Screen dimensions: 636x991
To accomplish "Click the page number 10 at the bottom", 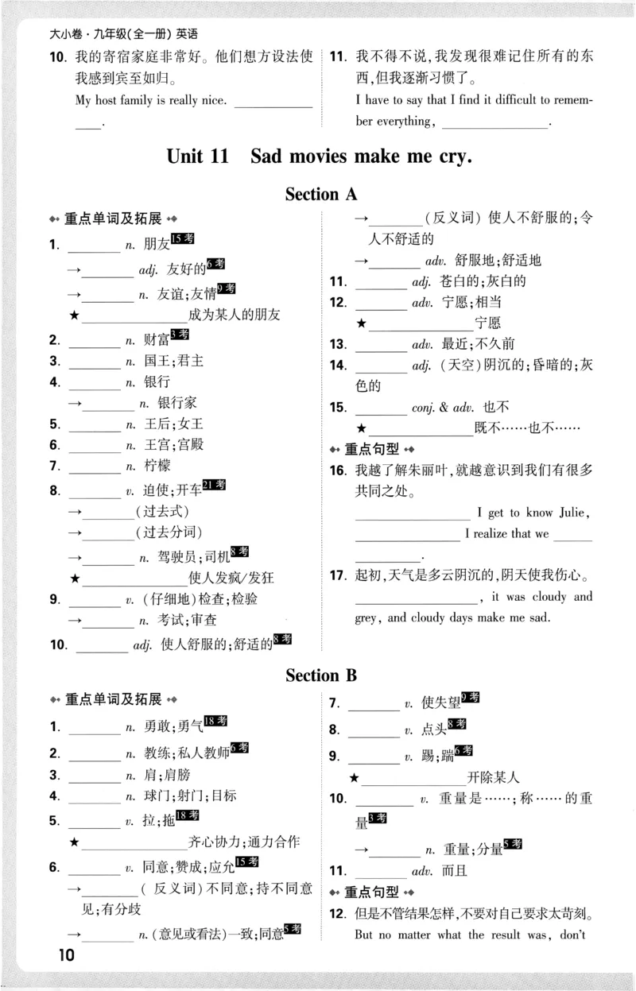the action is pyautogui.click(x=65, y=955).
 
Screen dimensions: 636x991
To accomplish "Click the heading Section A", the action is pyautogui.click(x=321, y=194).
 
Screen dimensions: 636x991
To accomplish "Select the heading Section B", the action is pyautogui.click(x=321, y=676).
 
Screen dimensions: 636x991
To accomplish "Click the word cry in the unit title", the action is pyautogui.click(x=452, y=156).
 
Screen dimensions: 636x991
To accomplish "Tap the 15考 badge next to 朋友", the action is pyautogui.click(x=183, y=239).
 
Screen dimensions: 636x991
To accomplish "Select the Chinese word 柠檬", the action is pyautogui.click(x=157, y=466).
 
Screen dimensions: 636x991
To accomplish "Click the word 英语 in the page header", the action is pyautogui.click(x=187, y=34).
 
